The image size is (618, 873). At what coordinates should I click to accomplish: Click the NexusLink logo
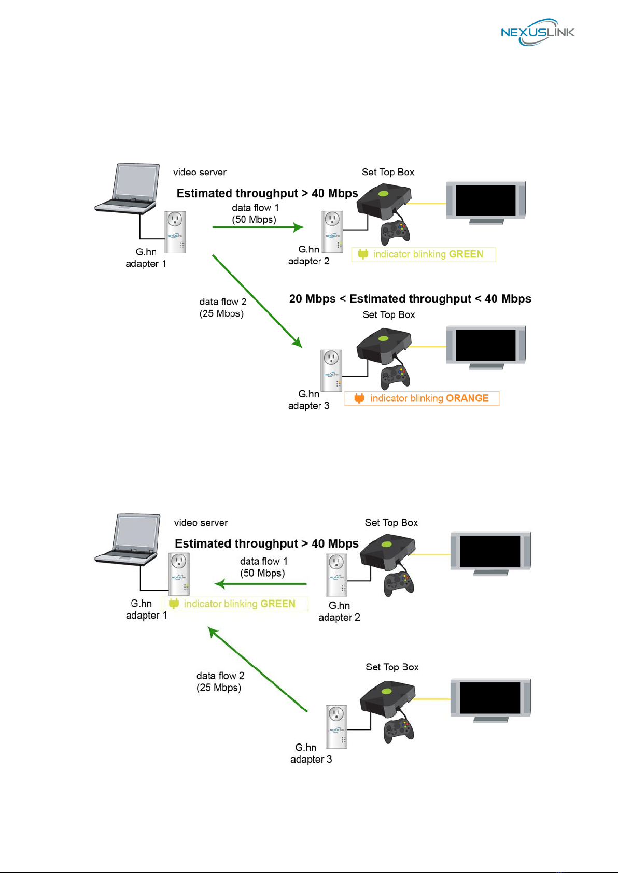(x=537, y=32)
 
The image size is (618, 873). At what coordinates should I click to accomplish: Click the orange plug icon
(x=359, y=398)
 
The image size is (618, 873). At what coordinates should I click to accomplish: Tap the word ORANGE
(x=467, y=398)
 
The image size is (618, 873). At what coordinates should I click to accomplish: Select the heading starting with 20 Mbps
(x=410, y=298)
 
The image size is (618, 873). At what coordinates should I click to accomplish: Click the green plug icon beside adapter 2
(x=363, y=254)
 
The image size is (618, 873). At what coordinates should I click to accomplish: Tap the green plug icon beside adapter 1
(x=174, y=604)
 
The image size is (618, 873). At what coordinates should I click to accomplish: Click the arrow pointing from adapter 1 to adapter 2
(x=258, y=227)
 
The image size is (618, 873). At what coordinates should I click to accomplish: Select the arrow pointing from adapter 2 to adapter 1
(x=260, y=584)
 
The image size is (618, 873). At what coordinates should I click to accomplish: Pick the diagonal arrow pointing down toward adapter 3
(x=257, y=301)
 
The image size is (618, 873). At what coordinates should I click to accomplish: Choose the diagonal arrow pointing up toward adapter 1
(x=257, y=669)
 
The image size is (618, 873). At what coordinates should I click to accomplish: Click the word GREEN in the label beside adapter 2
(x=466, y=254)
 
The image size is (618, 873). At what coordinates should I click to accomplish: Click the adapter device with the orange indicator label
(x=331, y=370)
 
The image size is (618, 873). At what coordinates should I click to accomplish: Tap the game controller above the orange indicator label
(x=395, y=377)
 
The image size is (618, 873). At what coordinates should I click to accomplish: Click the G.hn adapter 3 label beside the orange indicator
(x=309, y=400)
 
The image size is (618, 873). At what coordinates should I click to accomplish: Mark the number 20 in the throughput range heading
(x=296, y=298)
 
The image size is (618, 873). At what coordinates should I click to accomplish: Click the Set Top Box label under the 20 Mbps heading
(x=389, y=315)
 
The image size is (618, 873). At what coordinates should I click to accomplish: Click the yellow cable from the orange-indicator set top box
(x=427, y=346)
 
